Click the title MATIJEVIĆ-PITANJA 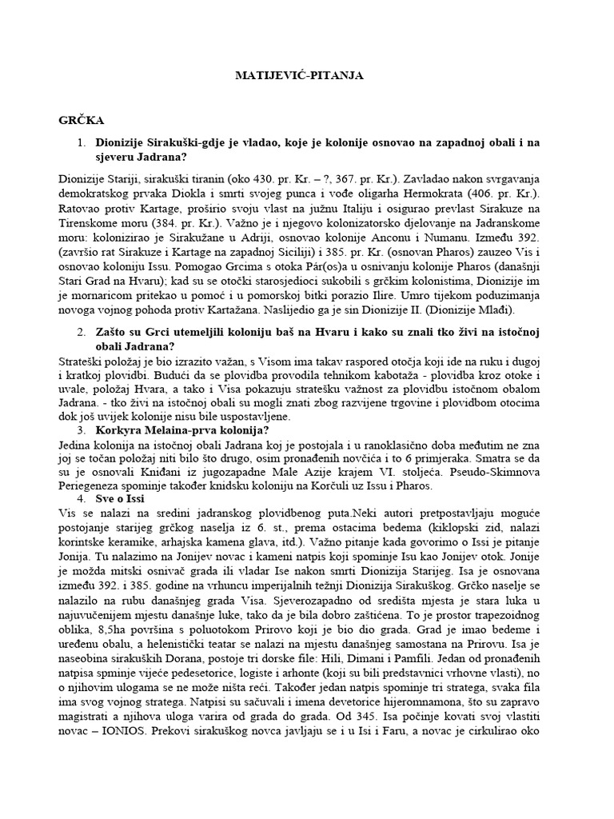point(299,75)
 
